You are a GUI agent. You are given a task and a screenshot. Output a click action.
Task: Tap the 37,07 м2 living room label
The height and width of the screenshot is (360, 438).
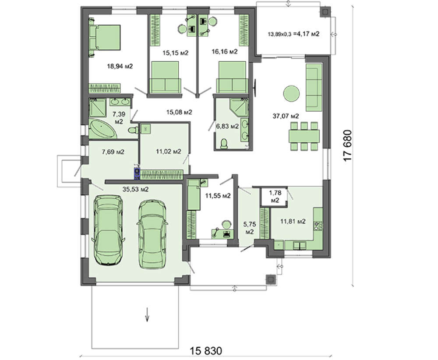[286, 116]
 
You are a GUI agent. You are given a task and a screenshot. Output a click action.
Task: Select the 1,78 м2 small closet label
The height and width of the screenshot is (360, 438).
[275, 196]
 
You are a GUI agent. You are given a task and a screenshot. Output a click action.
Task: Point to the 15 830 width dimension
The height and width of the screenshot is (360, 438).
[206, 350]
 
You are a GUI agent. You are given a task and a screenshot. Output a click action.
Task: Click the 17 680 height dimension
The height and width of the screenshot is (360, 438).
[347, 145]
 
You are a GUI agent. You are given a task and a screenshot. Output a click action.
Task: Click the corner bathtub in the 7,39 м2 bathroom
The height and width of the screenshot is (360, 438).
[102, 129]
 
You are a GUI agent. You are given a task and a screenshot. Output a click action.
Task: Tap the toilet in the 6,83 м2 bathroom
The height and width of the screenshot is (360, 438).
[224, 144]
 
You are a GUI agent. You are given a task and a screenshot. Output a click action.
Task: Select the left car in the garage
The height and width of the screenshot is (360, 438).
[108, 230]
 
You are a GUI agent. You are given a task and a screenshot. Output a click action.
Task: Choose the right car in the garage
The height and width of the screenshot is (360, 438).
[152, 234]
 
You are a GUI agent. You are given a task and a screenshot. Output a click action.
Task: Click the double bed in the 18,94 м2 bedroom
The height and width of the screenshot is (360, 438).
[105, 37]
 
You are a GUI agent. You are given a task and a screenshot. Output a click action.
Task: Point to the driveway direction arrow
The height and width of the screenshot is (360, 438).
[147, 315]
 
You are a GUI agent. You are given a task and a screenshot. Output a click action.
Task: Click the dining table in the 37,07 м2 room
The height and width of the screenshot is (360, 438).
[304, 136]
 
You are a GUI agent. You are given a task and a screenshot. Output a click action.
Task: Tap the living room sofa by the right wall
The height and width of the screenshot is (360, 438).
[314, 87]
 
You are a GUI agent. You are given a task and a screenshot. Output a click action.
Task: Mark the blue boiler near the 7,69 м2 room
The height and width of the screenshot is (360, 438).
[137, 173]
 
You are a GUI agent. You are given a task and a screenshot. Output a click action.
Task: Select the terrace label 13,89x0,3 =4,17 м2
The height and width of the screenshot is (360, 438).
[293, 34]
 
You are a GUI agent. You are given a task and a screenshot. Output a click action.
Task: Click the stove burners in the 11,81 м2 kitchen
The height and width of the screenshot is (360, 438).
[318, 226]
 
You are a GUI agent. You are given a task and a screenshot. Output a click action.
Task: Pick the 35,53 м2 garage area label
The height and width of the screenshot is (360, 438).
[135, 189]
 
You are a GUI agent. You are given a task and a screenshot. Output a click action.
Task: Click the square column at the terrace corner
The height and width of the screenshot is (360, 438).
[325, 12]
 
